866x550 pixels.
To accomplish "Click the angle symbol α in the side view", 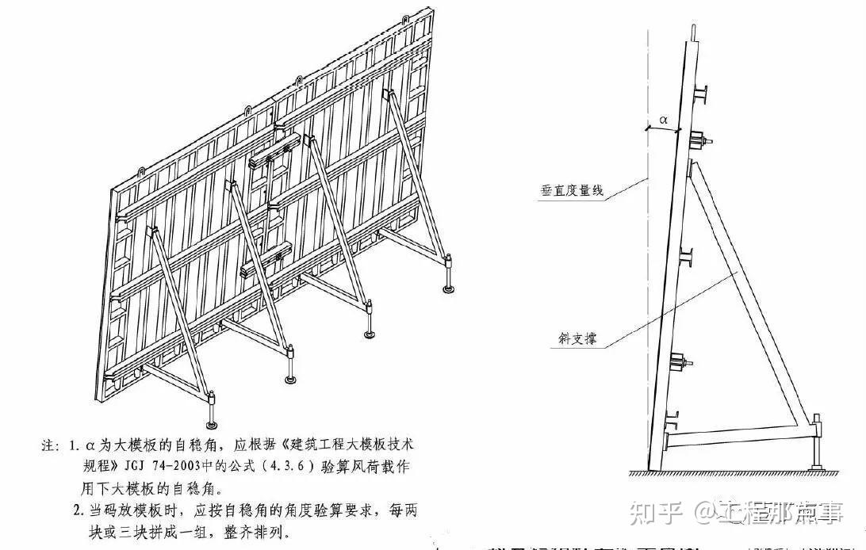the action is [x=664, y=120].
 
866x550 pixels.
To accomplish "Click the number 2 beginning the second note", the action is [x=78, y=510].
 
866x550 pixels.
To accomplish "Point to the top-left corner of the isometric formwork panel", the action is [x=112, y=190].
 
